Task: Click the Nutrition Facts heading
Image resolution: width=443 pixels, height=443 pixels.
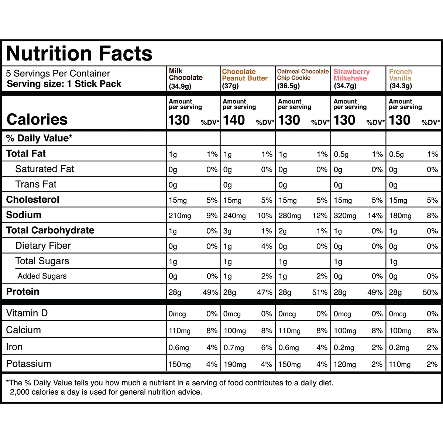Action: coord(79,54)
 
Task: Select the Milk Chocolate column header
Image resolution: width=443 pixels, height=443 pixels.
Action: coord(186,74)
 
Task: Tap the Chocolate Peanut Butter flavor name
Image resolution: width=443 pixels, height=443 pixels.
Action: coord(245,75)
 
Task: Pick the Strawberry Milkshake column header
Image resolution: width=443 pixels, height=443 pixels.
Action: coord(351,75)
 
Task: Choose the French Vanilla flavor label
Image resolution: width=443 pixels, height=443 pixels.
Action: coord(400,75)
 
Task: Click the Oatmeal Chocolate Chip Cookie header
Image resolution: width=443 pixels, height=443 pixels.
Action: coord(303,75)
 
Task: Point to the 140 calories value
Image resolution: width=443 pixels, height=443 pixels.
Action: coord(234,120)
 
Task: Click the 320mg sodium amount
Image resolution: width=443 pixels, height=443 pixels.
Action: coord(345,216)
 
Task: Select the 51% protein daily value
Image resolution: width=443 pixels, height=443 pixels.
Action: coord(319,292)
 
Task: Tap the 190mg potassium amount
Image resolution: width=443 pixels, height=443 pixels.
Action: coord(235,364)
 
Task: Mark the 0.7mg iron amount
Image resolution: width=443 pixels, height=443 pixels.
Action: coord(234,348)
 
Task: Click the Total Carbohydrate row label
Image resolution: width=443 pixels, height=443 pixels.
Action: coord(50,230)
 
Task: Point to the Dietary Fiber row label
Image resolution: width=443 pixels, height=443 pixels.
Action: coord(43,246)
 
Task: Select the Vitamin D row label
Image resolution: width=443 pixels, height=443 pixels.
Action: coord(27,313)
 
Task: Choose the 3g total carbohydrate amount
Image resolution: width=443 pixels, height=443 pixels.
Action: coord(227,231)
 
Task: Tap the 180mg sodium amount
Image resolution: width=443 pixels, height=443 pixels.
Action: coord(400,216)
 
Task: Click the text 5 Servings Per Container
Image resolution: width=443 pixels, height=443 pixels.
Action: coord(58,73)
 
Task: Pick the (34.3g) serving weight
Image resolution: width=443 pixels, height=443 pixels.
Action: coord(401,86)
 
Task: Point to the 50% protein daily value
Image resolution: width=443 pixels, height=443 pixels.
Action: coord(430,292)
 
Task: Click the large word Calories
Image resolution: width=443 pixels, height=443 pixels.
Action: coord(37,120)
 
